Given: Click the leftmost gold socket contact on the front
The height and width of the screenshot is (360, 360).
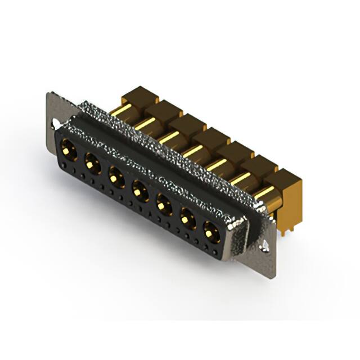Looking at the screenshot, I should click(69, 150).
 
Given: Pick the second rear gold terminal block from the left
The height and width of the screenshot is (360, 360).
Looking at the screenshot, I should click(164, 109).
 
